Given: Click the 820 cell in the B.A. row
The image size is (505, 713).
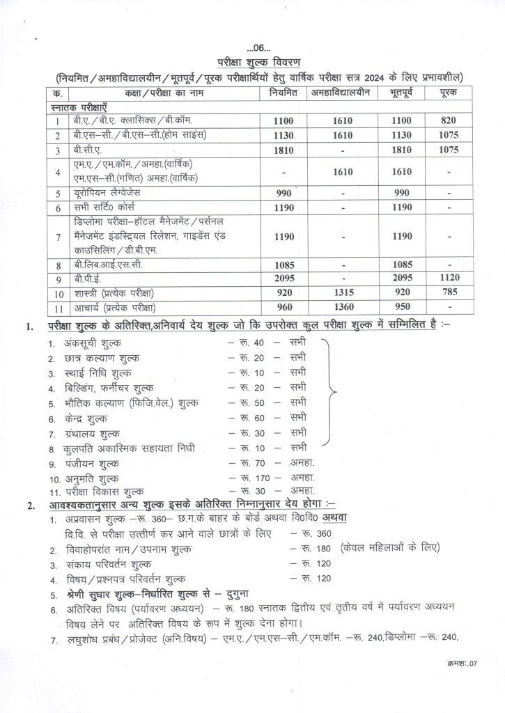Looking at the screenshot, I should point(448,120).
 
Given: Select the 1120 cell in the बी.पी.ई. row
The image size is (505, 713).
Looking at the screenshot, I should point(448,277).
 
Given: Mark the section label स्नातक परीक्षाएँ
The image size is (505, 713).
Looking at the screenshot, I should point(79,107).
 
